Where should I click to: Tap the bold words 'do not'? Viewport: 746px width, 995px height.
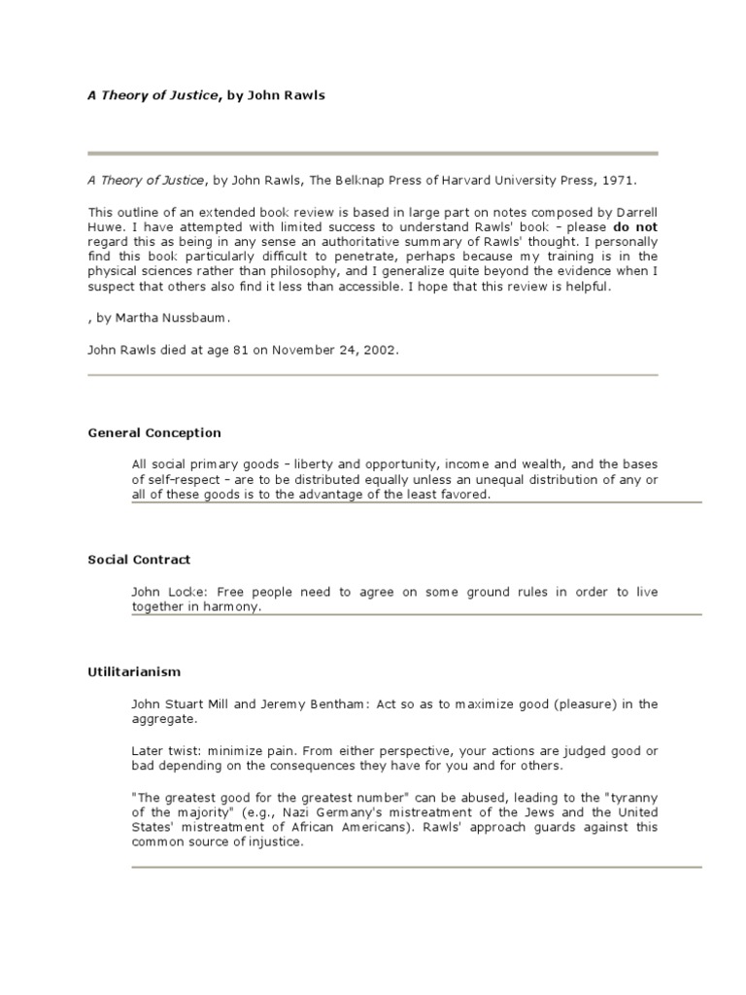point(634,226)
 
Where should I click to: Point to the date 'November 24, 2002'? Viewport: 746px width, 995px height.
point(337,349)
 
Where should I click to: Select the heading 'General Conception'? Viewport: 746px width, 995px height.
point(154,432)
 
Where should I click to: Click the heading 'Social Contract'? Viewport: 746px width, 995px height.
point(139,560)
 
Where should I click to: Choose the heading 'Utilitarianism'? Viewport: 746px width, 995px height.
point(134,671)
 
